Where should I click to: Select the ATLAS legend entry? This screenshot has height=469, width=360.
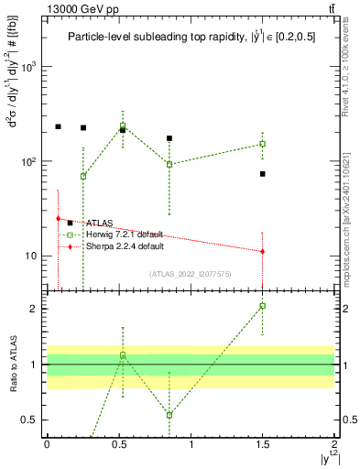[x=98, y=223]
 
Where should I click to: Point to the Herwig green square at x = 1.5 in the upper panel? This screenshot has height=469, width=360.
[x=263, y=144]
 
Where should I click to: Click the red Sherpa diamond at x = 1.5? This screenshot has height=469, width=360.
[x=263, y=251]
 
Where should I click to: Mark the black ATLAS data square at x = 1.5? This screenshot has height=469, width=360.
[x=263, y=174]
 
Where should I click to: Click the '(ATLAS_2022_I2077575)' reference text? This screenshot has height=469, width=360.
[x=191, y=274]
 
